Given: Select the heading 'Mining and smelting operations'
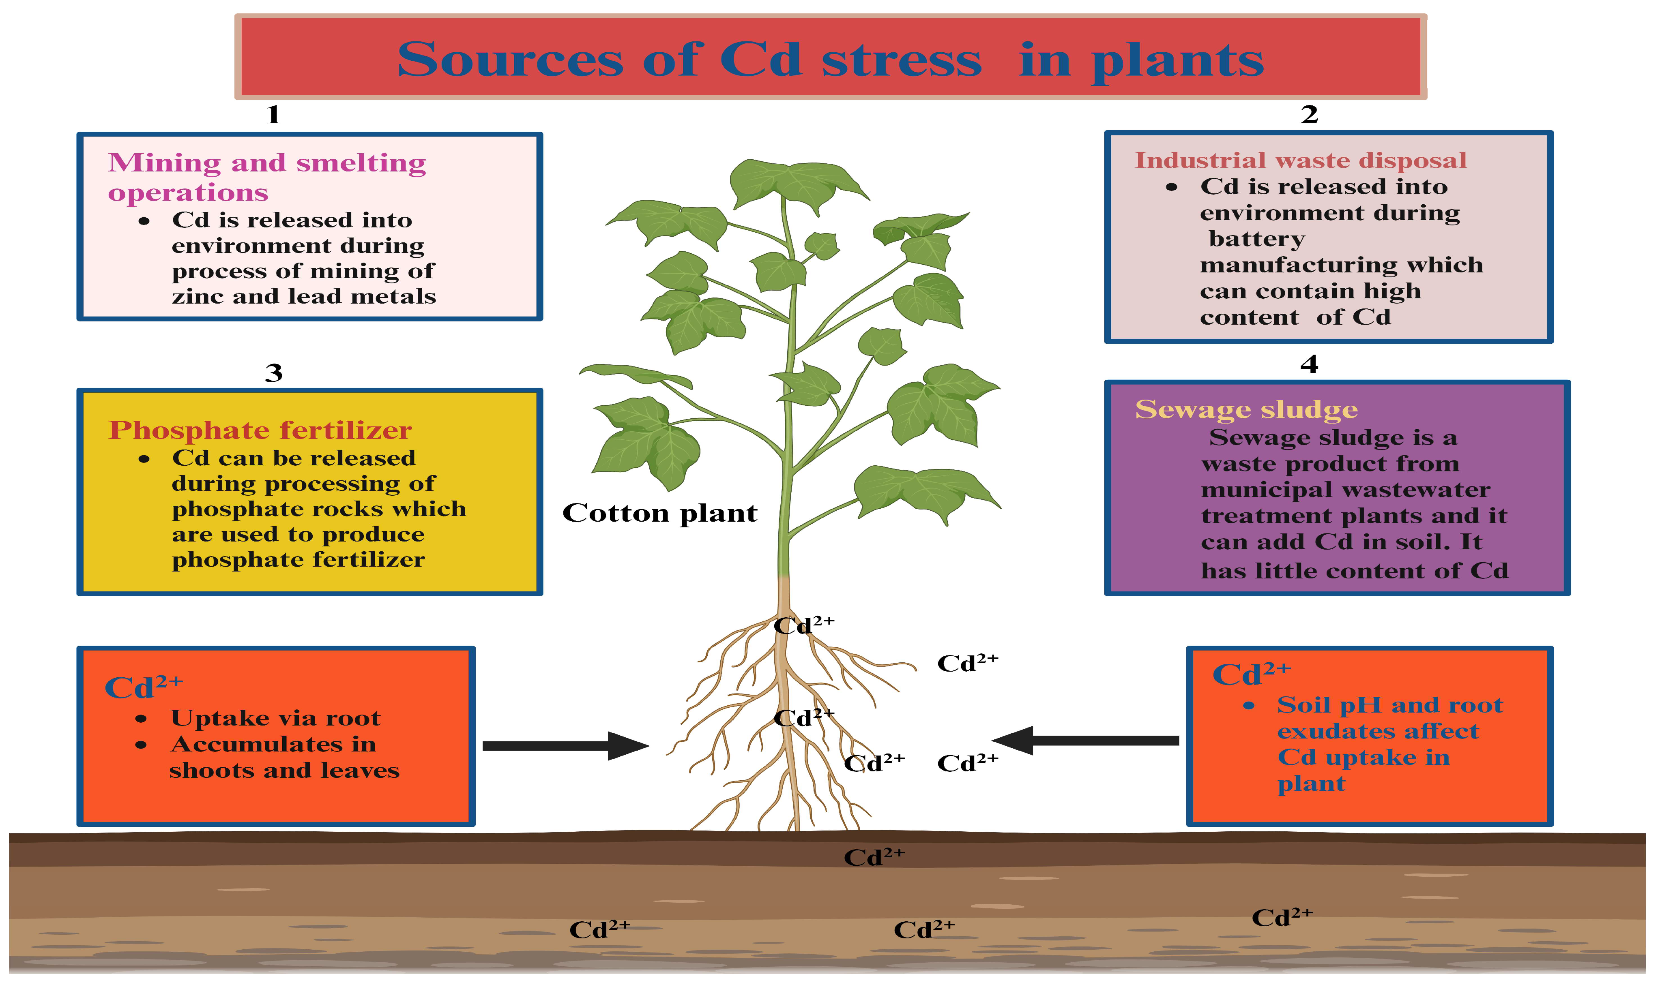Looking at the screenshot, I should coord(267,177).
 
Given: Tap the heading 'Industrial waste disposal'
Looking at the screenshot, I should coord(1300,161).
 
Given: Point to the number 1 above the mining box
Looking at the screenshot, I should coord(273,115).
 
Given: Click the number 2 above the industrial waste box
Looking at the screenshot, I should coord(1309,115).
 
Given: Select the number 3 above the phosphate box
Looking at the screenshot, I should coord(273,372).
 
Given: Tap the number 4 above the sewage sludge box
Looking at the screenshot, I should coord(1309,364).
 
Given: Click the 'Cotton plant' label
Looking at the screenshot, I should coord(659,513).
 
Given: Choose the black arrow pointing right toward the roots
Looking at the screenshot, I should coord(563,746).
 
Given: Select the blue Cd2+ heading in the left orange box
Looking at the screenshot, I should coord(143,687).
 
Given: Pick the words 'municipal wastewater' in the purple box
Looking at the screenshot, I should coord(1345,490).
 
